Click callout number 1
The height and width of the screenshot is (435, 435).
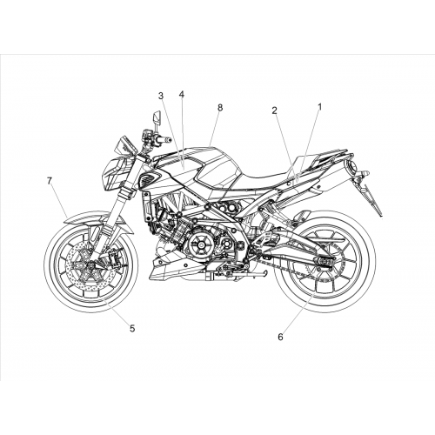coord(320,107)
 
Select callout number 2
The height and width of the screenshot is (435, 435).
coord(274,110)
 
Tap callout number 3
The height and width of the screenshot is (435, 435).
coord(161,96)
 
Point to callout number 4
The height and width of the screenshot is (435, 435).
coord(182,94)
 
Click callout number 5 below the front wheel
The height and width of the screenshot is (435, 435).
coord(132,329)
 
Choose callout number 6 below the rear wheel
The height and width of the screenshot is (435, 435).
coord(280,337)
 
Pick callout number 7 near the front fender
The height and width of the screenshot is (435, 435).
coord(50,181)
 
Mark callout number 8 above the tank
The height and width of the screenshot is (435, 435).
coord(220,108)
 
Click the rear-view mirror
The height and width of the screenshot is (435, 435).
coord(157,117)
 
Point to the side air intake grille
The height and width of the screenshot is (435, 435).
coord(149,177)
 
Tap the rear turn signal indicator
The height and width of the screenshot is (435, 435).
coord(363,174)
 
